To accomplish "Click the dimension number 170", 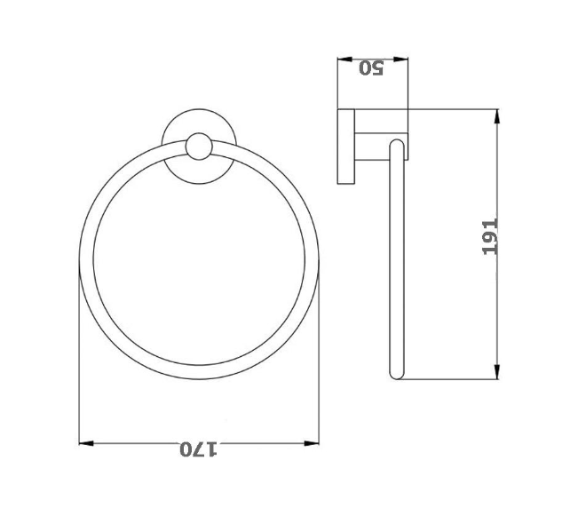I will pyautogui.click(x=199, y=449).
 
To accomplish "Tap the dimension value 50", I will pyautogui.click(x=370, y=68).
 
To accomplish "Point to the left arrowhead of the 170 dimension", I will pyautogui.click(x=85, y=442).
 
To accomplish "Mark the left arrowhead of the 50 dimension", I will pyautogui.click(x=343, y=61).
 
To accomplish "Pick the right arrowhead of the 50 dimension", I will pyautogui.click(x=404, y=61).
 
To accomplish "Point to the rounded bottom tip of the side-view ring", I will pyautogui.click(x=397, y=376).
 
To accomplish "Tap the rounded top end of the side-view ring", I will pyautogui.click(x=397, y=142).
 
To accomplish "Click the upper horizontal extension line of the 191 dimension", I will pyautogui.click(x=453, y=109).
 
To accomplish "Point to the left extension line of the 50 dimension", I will pyautogui.click(x=337, y=84).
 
